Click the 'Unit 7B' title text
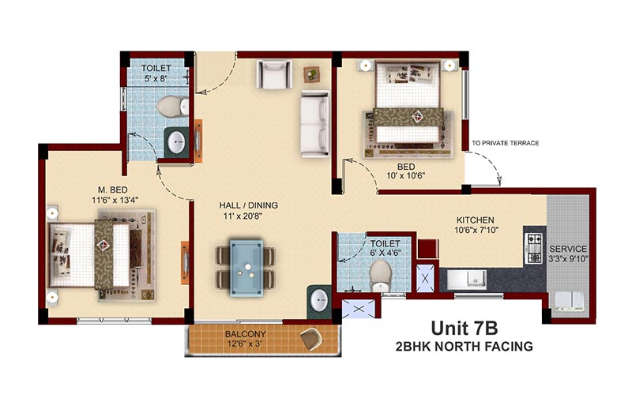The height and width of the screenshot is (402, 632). pyautogui.click(x=465, y=329)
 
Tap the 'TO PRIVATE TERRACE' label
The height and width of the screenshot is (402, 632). pyautogui.click(x=506, y=143)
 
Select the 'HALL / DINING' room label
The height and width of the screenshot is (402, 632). pyautogui.click(x=248, y=205)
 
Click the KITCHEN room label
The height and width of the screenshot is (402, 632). pyautogui.click(x=476, y=220)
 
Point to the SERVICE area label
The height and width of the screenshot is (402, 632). pyautogui.click(x=568, y=249)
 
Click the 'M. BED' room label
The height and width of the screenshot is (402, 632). pyautogui.click(x=113, y=190)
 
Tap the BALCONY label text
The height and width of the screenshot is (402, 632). pyautogui.click(x=246, y=334)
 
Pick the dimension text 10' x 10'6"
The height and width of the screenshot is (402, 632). pyautogui.click(x=406, y=175)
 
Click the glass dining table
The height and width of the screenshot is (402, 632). pyautogui.click(x=246, y=269)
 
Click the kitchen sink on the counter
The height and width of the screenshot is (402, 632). pyautogui.click(x=467, y=279)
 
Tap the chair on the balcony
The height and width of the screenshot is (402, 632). pyautogui.click(x=310, y=339)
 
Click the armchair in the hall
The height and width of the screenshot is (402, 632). pyautogui.click(x=274, y=73)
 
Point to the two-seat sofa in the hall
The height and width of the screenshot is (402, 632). pyautogui.click(x=315, y=124)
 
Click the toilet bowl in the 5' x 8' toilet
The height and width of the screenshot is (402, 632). pyautogui.click(x=172, y=107)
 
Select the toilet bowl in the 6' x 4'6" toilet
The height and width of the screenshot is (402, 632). pyautogui.click(x=380, y=275)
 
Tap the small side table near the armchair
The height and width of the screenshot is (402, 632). pyautogui.click(x=311, y=74)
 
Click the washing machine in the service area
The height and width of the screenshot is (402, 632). pyautogui.click(x=569, y=301)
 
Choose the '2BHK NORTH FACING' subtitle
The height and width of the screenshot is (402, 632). pyautogui.click(x=465, y=347)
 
